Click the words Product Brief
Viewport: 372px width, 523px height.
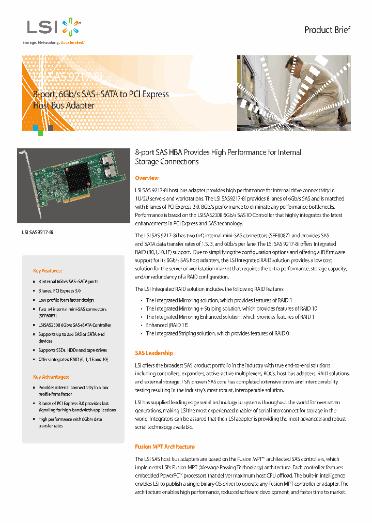tap(327, 30)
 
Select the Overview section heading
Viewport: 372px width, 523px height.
tap(147, 178)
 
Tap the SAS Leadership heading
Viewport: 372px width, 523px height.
tap(154, 353)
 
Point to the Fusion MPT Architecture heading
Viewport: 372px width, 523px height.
tap(165, 447)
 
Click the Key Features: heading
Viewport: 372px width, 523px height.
tap(48, 271)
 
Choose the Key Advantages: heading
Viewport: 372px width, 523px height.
tap(51, 377)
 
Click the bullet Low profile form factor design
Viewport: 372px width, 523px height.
tap(66, 300)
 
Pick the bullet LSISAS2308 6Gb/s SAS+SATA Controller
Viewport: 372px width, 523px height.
tap(74, 325)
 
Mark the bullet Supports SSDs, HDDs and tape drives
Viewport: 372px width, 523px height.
tap(72, 350)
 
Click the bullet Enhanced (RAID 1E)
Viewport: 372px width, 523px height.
tap(167, 325)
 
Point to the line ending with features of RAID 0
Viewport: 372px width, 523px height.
tap(217, 333)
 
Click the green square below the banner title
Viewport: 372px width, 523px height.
tap(40, 133)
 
